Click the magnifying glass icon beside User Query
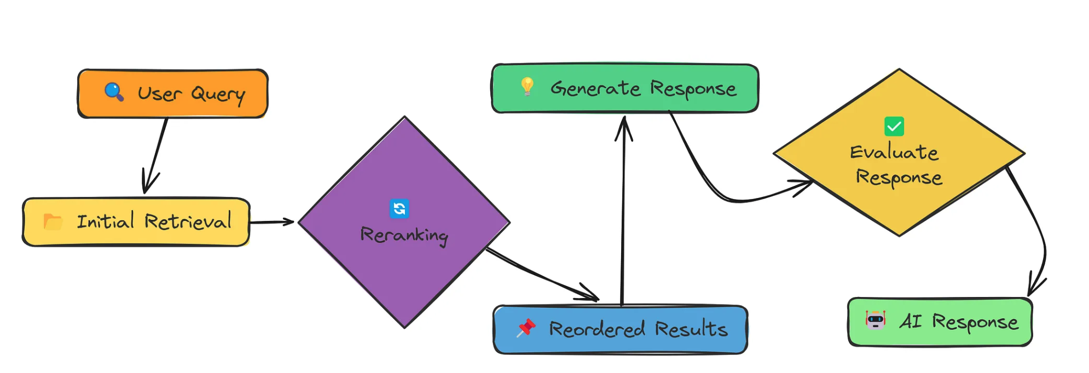(114, 91)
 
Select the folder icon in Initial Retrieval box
(53, 222)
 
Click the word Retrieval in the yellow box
(188, 222)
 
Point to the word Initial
(105, 221)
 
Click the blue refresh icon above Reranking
(399, 208)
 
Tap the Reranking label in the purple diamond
(404, 235)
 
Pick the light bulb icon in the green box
(527, 86)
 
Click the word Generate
(595, 88)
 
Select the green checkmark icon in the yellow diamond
(894, 126)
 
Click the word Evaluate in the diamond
(894, 152)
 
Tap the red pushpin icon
(526, 328)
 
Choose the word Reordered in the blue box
(596, 329)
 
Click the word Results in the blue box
(691, 329)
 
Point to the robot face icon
(876, 320)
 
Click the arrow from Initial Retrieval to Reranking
(272, 222)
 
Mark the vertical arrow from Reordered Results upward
(623, 213)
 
